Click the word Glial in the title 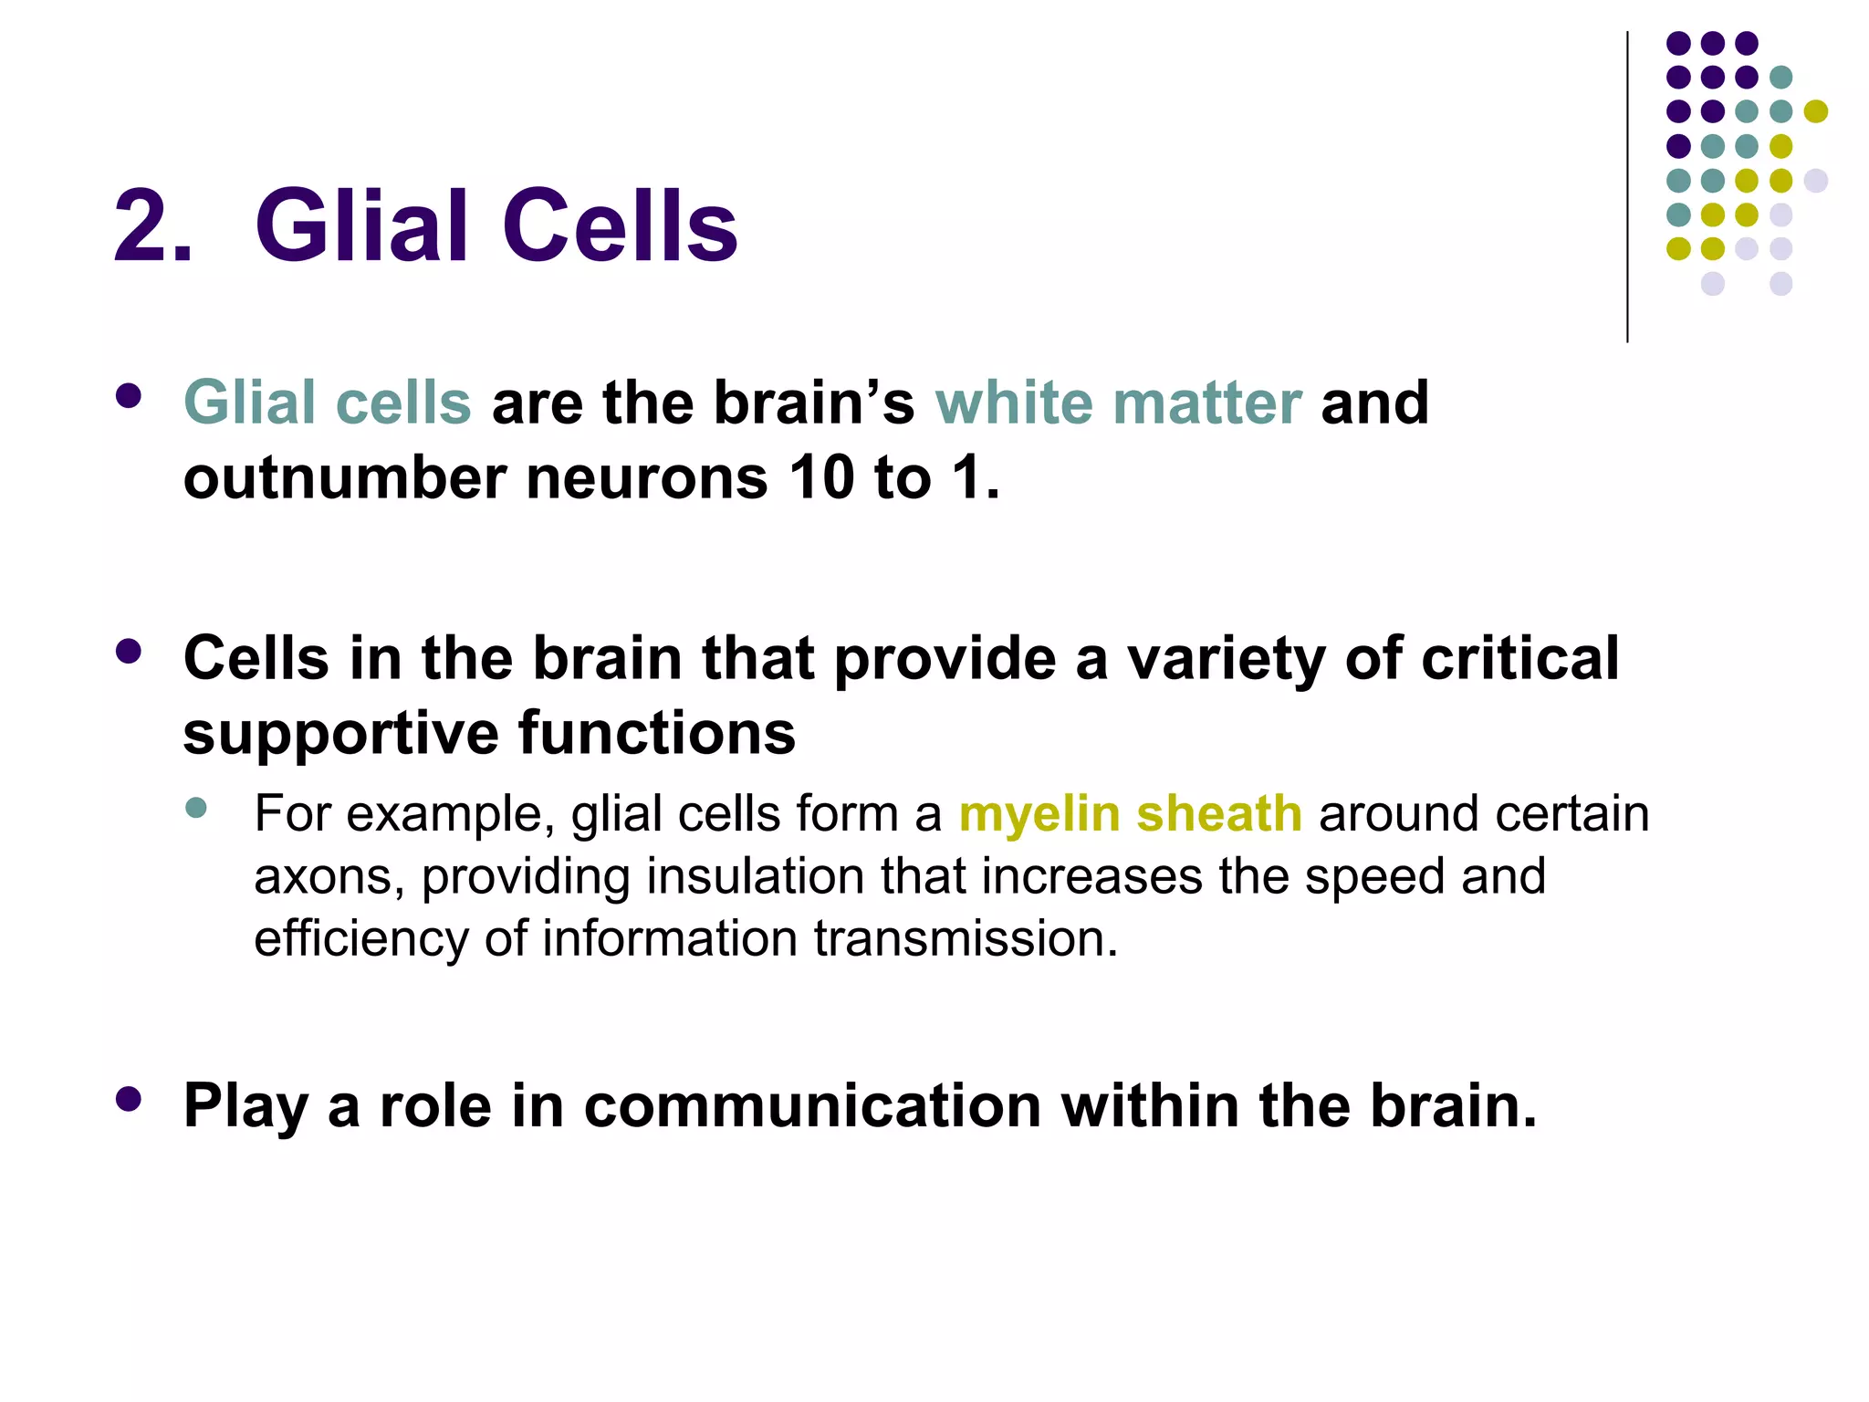(x=361, y=226)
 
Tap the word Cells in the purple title (x=620, y=226)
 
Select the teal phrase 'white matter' (x=1118, y=403)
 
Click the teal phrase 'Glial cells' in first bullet (x=328, y=403)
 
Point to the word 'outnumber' (x=344, y=477)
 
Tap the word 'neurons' (x=647, y=477)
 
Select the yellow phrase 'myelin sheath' (x=1130, y=813)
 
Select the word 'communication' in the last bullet (x=812, y=1106)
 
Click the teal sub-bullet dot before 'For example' (x=195, y=808)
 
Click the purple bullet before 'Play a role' (x=129, y=1099)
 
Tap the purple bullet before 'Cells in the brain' (x=129, y=652)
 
